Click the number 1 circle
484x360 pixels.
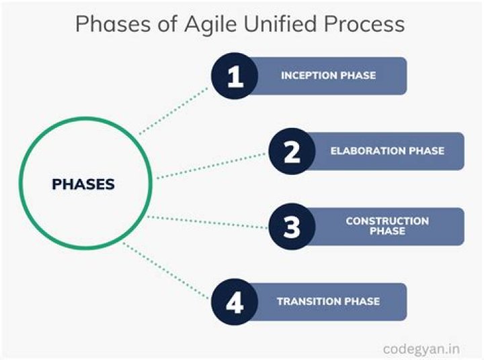click(235, 76)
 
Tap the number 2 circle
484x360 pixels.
click(292, 151)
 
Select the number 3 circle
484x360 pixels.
click(292, 227)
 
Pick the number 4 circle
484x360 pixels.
click(235, 302)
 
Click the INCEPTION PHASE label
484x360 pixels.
click(328, 76)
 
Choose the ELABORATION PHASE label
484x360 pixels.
click(387, 151)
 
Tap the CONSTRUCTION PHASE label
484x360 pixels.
click(387, 226)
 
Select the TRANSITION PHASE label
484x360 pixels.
click(328, 302)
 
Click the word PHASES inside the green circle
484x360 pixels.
click(83, 184)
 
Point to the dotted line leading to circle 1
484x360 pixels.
click(175, 110)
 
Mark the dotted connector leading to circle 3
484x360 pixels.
click(208, 222)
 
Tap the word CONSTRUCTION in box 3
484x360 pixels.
click(387, 221)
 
